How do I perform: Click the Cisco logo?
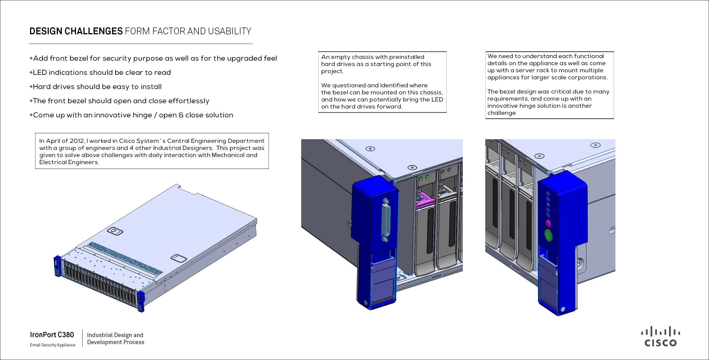click(661, 336)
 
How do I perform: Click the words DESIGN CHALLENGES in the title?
click(76, 31)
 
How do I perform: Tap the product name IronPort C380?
click(52, 335)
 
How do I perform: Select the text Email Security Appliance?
click(53, 345)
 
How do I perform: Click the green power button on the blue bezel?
click(548, 236)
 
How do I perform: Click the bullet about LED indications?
click(100, 73)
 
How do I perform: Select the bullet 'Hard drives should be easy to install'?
click(96, 87)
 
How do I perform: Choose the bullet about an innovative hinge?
click(131, 115)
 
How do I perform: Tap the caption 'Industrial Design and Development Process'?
click(115, 338)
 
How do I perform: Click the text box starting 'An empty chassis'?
click(382, 82)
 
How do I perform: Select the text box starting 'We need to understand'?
click(549, 85)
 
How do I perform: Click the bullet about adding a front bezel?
click(153, 58)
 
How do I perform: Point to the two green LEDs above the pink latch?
click(424, 178)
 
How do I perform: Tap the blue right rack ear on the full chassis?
click(140, 301)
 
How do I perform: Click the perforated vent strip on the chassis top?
click(125, 258)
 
